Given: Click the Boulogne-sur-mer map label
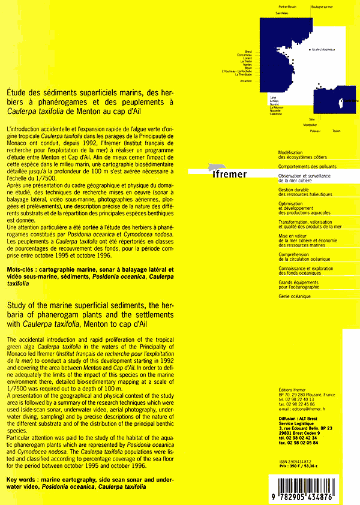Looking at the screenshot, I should click(322, 7).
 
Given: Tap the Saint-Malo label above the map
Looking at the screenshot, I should click(281, 13).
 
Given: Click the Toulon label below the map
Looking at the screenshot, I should click(336, 130).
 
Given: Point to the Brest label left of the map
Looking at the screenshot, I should click(248, 51).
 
